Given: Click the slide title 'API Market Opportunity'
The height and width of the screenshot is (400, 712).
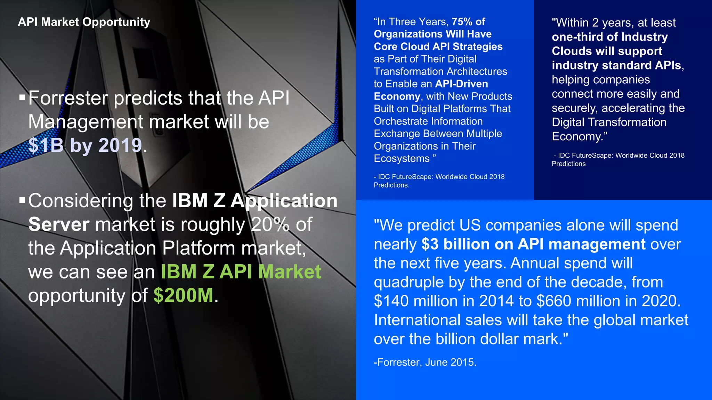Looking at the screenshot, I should click(x=84, y=22).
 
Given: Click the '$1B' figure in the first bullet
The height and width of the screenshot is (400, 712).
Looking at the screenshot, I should click(x=46, y=145).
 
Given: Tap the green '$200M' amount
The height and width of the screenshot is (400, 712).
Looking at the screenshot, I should click(x=183, y=295).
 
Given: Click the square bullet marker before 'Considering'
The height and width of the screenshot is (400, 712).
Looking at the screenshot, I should click(x=23, y=200).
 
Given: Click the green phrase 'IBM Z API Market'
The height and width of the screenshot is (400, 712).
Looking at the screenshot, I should click(x=241, y=272).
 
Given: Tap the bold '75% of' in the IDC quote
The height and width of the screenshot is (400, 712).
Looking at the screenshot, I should click(x=468, y=22).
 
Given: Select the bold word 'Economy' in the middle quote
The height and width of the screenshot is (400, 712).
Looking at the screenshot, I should click(x=397, y=96).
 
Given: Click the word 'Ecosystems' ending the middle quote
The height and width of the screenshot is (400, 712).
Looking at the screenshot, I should click(x=402, y=159).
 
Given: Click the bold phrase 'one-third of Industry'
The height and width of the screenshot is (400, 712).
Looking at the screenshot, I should click(x=609, y=37).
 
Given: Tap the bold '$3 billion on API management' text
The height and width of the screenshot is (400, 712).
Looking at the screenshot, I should click(x=533, y=244).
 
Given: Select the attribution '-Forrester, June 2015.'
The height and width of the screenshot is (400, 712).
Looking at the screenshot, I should click(x=425, y=362).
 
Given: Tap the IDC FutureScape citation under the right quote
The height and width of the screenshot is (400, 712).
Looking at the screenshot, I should click(x=618, y=159).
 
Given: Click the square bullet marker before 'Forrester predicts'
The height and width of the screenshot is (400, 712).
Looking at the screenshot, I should click(x=23, y=98).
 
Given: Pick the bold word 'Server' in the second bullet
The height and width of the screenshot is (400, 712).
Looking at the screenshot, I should click(x=59, y=225).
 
